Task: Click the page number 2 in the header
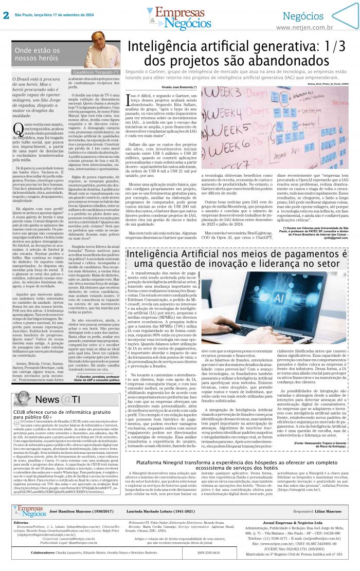coord(6,15)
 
